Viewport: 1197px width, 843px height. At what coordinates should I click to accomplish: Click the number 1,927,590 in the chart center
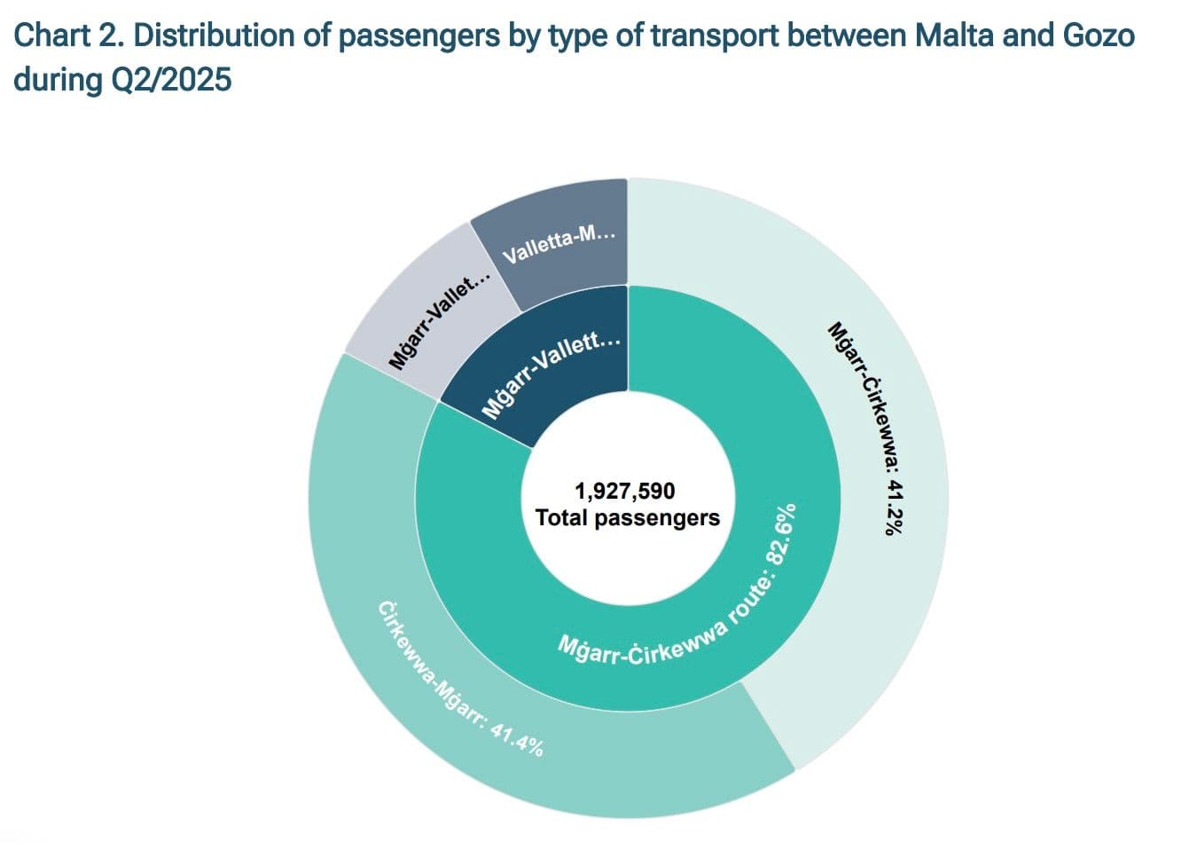click(624, 491)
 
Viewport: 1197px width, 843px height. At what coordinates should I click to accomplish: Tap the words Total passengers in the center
click(628, 517)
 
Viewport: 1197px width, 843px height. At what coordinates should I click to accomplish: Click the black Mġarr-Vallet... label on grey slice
click(438, 321)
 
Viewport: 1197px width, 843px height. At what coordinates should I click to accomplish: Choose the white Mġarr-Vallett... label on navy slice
click(550, 374)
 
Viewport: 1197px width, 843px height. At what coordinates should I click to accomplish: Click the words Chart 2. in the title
click(70, 35)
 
